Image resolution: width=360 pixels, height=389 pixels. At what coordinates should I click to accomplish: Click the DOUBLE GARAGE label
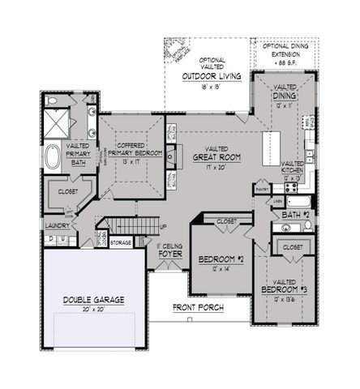tap(94, 300)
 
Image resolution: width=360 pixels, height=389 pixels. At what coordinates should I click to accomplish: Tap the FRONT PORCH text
tap(197, 308)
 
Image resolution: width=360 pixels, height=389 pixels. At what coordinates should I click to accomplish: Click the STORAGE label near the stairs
tap(121, 242)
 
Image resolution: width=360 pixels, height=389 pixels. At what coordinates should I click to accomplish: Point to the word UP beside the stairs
tap(162, 227)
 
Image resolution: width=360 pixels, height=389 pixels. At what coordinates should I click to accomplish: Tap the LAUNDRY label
tap(56, 225)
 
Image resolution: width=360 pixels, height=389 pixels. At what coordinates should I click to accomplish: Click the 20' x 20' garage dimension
tap(94, 309)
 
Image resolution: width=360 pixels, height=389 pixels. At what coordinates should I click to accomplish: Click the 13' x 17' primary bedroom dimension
tap(131, 162)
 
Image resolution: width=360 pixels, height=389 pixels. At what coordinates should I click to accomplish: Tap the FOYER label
tap(169, 250)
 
